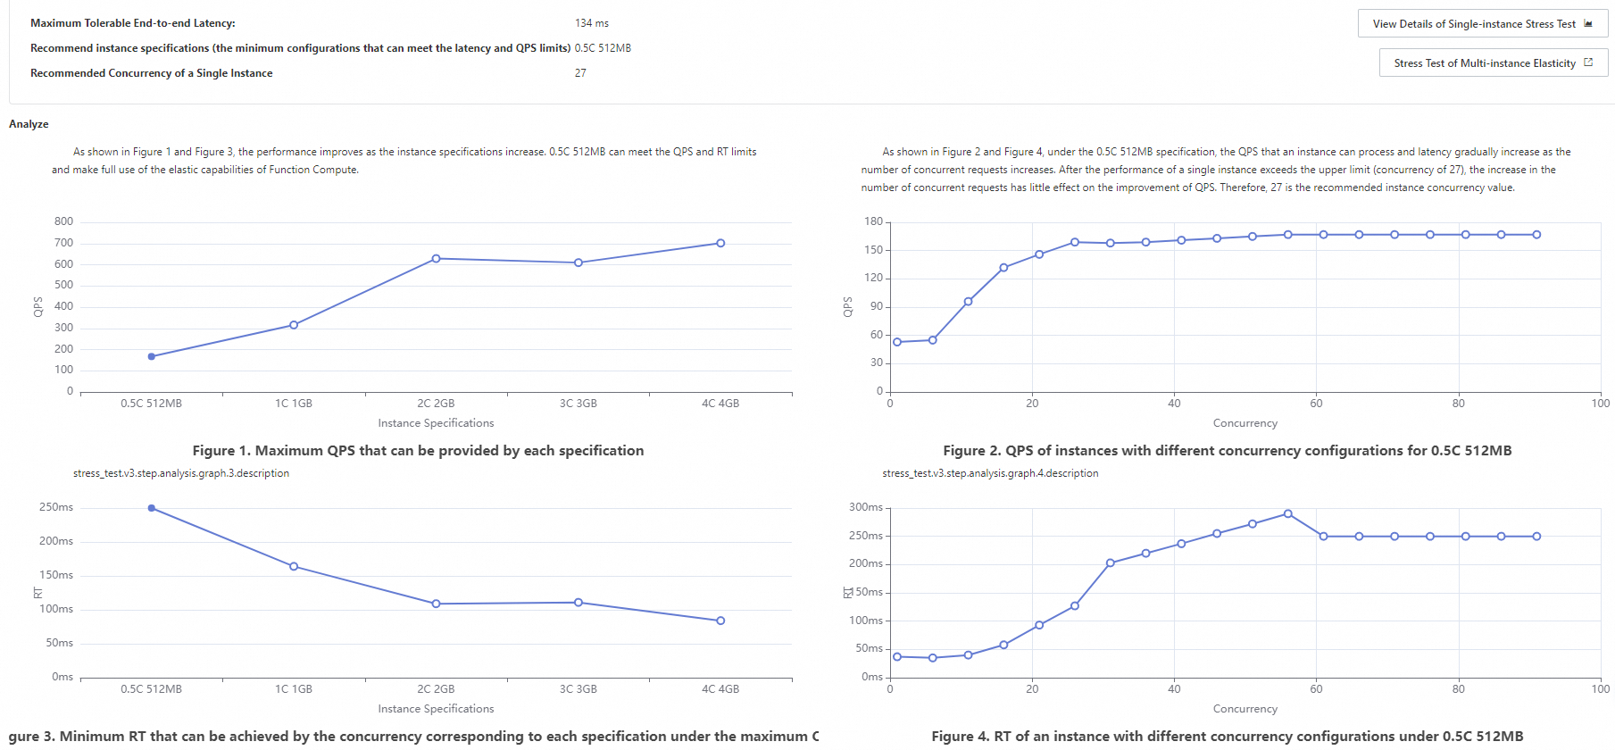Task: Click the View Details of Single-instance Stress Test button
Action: tap(1482, 24)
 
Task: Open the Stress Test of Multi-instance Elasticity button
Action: tap(1493, 63)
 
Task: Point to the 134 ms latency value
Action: tap(592, 23)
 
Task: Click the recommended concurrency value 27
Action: tap(580, 73)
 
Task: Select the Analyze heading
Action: tap(29, 124)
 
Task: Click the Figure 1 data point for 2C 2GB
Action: tap(436, 259)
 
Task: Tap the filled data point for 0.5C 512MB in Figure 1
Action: tap(152, 356)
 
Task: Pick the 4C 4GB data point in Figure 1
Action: tap(720, 243)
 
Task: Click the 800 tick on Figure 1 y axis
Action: tap(63, 221)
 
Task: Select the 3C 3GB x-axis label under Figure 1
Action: tap(578, 404)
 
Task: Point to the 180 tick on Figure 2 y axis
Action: tap(873, 221)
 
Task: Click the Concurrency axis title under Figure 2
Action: tap(1245, 423)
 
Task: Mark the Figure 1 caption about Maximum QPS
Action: tap(418, 451)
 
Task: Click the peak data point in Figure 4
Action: tap(1287, 513)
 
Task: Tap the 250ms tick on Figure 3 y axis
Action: tap(56, 507)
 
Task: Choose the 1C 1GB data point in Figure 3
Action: tap(294, 566)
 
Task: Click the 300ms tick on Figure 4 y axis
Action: tap(866, 507)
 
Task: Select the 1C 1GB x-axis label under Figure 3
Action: tap(294, 689)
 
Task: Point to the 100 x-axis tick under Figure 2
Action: tap(1600, 404)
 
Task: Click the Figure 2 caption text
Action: tap(1227, 451)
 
